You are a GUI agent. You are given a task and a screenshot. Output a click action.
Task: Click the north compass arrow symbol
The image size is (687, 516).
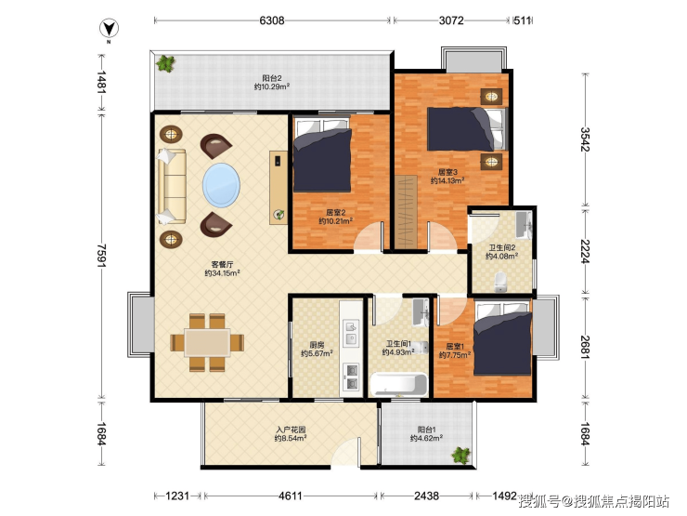pyautogui.click(x=109, y=29)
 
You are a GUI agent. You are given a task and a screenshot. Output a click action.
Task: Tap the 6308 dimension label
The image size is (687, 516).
pyautogui.click(x=272, y=20)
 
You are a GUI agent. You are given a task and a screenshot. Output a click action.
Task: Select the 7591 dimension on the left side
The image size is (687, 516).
pyautogui.click(x=101, y=256)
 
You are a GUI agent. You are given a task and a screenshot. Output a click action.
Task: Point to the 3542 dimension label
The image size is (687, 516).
pyautogui.click(x=586, y=139)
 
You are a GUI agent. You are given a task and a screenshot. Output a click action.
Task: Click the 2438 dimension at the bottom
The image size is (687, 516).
pyautogui.click(x=426, y=496)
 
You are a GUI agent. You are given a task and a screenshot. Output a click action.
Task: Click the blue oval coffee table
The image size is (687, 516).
pyautogui.click(x=221, y=185)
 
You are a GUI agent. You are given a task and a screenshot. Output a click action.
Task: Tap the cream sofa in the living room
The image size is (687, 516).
pyautogui.click(x=172, y=187)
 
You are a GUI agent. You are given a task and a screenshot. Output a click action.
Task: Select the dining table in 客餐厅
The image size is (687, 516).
pyautogui.click(x=207, y=342)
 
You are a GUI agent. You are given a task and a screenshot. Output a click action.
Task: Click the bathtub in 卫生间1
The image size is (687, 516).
pyautogui.click(x=398, y=385)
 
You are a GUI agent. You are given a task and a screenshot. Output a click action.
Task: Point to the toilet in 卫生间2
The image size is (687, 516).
pyautogui.click(x=500, y=282)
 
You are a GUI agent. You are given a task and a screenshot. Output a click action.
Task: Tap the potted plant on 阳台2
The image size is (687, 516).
pyautogui.click(x=166, y=63)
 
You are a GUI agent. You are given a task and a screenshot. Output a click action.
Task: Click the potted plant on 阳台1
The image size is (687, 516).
pyautogui.click(x=460, y=456)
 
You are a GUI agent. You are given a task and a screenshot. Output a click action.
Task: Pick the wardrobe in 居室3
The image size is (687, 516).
pyautogui.click(x=406, y=211)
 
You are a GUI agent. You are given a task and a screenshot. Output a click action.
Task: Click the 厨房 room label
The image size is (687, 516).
pyautogui.click(x=317, y=345)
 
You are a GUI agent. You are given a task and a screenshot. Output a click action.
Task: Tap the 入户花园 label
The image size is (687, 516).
pyautogui.click(x=291, y=430)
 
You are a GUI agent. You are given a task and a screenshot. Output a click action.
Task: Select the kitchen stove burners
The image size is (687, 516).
pyautogui.click(x=352, y=377)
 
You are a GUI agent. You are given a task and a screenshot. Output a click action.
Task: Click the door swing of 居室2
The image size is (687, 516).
pyautogui.click(x=369, y=237)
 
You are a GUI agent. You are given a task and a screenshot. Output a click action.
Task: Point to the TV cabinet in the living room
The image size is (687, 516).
pyautogui.click(x=278, y=188)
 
